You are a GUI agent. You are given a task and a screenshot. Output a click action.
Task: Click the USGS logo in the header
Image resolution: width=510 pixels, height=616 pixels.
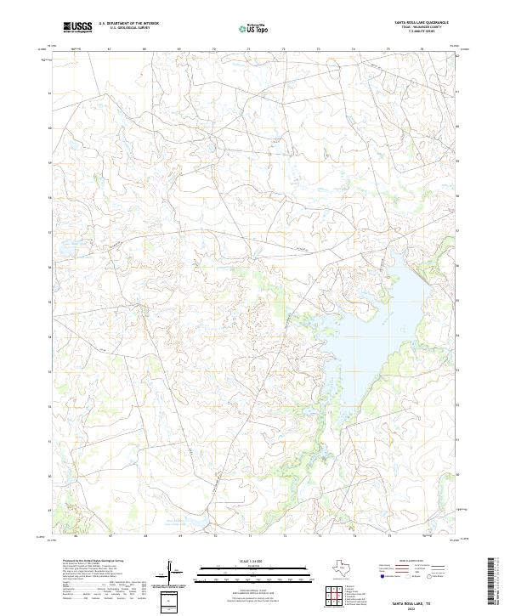(77, 27)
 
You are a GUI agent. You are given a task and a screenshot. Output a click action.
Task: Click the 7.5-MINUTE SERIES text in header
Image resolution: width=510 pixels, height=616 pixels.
(421, 33)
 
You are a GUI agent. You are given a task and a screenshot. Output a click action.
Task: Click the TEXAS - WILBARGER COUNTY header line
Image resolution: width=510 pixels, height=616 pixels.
(421, 28)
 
